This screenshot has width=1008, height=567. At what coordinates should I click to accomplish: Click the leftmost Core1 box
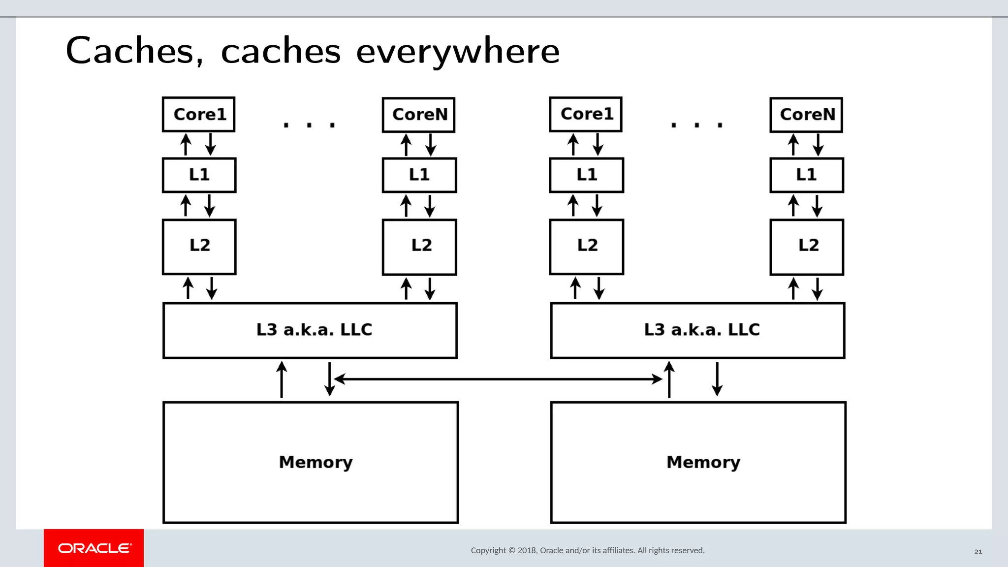198,114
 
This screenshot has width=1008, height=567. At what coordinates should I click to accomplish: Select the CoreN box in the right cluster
806,115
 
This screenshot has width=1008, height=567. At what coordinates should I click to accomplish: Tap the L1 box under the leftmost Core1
199,175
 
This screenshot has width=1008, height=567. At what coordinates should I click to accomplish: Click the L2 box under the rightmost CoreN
807,247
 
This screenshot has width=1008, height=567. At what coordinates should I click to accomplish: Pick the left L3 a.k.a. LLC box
310,330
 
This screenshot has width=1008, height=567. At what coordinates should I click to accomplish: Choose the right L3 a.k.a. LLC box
697,330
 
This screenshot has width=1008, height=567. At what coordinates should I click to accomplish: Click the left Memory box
311,462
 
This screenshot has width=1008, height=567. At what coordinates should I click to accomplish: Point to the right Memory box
698,462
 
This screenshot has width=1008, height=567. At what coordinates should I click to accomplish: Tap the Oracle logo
94,548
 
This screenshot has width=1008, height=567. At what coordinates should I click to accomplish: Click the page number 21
978,551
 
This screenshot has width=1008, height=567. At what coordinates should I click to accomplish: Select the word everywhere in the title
458,52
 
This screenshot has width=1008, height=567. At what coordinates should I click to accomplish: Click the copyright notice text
588,550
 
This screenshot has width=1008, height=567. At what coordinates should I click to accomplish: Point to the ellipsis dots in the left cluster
309,125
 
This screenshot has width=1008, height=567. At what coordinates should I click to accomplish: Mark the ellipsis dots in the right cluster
696,125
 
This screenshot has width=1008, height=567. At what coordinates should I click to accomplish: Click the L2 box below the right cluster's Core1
586,247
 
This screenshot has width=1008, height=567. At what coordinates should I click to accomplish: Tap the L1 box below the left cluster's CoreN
419,175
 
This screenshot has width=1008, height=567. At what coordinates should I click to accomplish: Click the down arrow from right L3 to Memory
717,379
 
